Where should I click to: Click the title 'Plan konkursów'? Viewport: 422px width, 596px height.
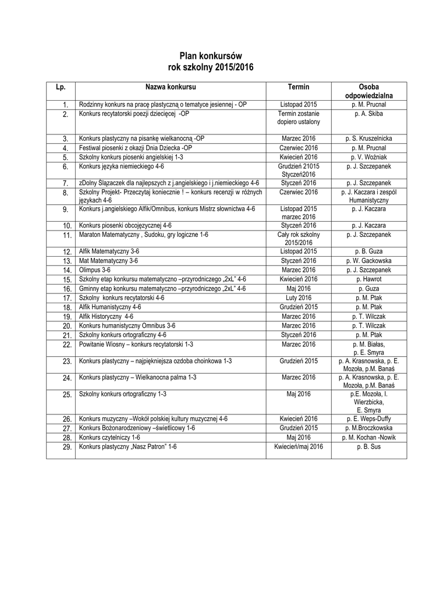(211, 56)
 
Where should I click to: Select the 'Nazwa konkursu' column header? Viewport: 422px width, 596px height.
(171, 86)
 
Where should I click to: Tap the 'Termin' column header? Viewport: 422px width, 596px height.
(299, 86)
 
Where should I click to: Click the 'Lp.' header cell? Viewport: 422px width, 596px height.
(61, 87)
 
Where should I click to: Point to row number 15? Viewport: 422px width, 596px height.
(66, 280)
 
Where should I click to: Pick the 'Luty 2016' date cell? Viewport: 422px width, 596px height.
(299, 297)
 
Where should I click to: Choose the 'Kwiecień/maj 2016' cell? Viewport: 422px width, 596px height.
(299, 446)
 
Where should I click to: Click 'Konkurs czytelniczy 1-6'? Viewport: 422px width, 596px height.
(109, 437)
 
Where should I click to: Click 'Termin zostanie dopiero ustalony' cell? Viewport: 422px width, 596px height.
(299, 118)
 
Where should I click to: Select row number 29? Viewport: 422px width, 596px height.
(66, 447)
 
